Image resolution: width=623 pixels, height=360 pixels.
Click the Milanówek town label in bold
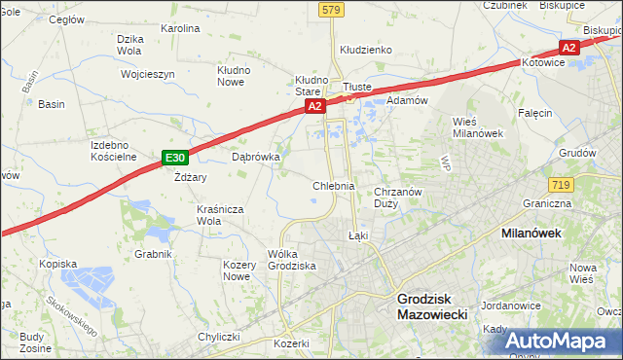click(535, 234)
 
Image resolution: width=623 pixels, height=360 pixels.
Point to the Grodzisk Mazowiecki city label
click(433, 307)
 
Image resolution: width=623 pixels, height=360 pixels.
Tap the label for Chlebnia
click(333, 185)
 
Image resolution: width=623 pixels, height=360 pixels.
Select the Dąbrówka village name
click(256, 156)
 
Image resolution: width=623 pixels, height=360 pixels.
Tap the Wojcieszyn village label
click(147, 74)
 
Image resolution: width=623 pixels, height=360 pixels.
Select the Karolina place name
click(180, 28)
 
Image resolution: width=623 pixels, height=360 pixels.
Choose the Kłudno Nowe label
click(234, 77)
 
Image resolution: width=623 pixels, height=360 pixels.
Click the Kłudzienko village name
click(365, 49)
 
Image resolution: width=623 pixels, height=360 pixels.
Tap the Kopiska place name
click(57, 264)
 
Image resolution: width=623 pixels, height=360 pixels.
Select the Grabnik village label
click(154, 254)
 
